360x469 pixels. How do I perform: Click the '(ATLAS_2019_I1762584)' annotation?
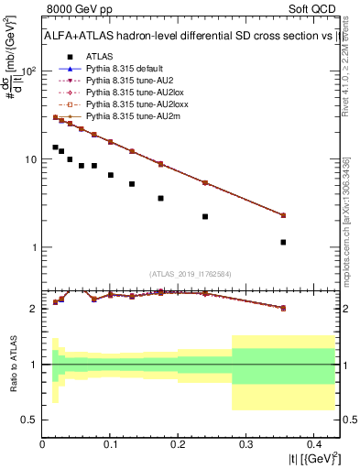(191, 273)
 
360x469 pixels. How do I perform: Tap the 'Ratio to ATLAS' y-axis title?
(12, 364)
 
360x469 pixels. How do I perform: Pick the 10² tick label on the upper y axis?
(29, 71)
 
